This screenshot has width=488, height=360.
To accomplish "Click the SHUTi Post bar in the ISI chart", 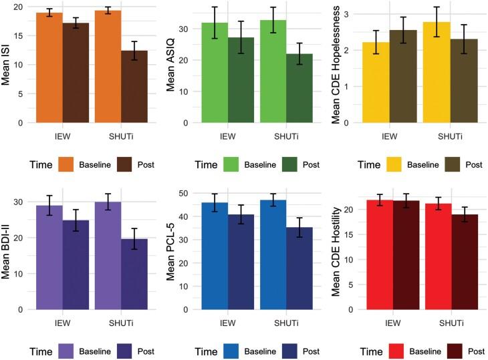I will click(134, 87).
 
